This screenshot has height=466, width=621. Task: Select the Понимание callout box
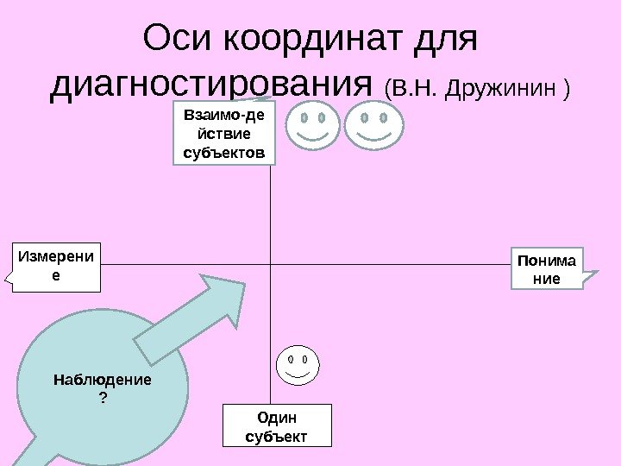click(x=548, y=268)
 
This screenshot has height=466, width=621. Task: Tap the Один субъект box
click(x=276, y=425)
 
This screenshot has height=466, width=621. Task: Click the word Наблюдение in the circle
click(x=102, y=379)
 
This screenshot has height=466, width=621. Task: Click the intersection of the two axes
click(x=271, y=261)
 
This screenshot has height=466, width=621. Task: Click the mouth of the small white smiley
click(x=297, y=375)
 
